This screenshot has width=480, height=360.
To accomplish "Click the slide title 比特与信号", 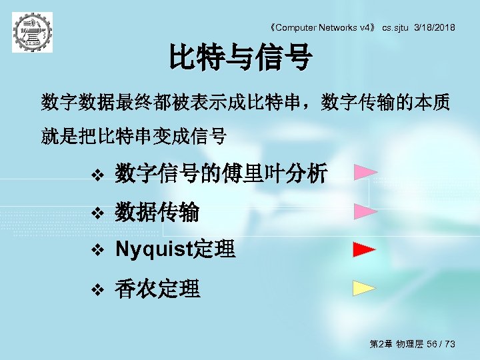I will point(240,57).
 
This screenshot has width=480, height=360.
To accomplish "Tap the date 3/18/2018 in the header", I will point(435,27).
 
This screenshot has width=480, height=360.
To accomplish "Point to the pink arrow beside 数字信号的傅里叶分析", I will point(365,174).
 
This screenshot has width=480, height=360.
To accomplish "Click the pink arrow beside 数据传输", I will point(365,212).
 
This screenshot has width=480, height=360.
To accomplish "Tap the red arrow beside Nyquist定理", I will point(365,250).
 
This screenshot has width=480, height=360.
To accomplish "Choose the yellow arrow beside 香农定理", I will point(365,288).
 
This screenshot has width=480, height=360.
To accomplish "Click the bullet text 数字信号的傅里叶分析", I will point(221,175).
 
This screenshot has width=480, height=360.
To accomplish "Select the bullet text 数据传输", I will point(157,213).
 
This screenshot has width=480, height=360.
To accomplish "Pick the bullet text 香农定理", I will point(157,289).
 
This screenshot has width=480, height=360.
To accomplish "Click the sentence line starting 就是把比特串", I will point(133,138).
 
